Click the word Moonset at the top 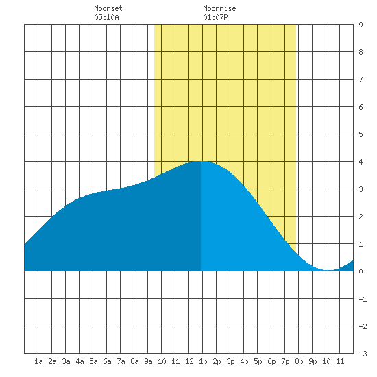[108, 8]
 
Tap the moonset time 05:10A [106, 17]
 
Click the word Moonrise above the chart [219, 8]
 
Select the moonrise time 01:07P [215, 17]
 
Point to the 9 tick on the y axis [361, 25]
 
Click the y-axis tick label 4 [361, 162]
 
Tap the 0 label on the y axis [361, 271]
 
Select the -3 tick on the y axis [363, 354]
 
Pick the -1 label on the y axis [363, 299]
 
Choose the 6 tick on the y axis [361, 107]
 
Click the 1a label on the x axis [38, 361]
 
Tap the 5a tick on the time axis [93, 361]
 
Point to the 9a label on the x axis [148, 361]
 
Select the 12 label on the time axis [189, 361]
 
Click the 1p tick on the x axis [203, 361]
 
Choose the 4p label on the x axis [244, 361]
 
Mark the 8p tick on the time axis [299, 361]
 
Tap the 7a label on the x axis [121, 361]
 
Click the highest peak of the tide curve [201, 161]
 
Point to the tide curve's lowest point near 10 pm [329, 270]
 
